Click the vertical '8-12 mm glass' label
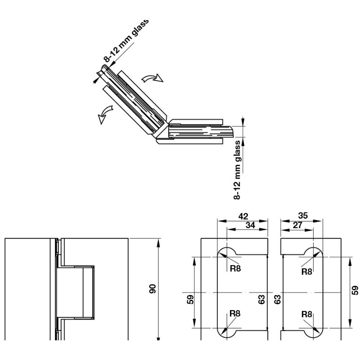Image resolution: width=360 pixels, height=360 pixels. coord(238,170)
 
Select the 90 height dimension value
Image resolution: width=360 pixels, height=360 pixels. coord(152,289)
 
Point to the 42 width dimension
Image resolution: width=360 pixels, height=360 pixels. coord(243,216)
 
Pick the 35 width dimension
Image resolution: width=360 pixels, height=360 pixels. coord(303,216)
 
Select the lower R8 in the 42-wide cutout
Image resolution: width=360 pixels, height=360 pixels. coord(235,314)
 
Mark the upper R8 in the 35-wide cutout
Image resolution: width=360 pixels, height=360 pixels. coord(306,271)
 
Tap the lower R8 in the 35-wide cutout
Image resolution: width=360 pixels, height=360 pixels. coord(306,314)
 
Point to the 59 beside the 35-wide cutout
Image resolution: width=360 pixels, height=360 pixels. coord(354,291)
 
